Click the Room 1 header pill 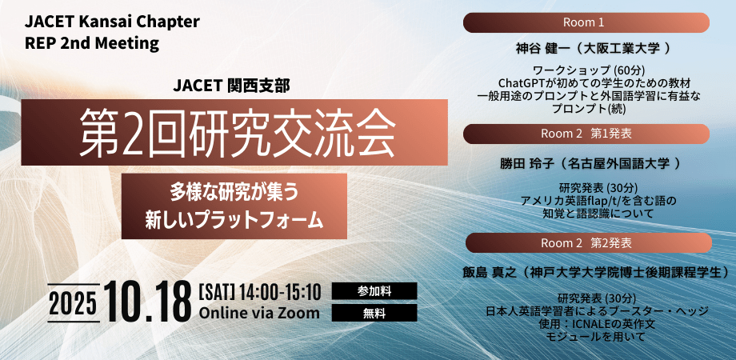click(586, 22)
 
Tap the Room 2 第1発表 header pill click(586, 134)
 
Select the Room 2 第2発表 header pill click(589, 242)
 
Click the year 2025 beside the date click(74, 303)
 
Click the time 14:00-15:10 click(280, 292)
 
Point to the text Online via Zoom click(259, 313)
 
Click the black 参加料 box click(374, 291)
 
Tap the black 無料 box click(374, 313)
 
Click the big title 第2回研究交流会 click(237, 132)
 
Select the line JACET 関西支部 click(231, 86)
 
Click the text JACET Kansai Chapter click(112, 22)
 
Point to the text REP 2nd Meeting click(92, 43)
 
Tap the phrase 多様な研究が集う click(234, 194)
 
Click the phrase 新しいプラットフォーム click(234, 219)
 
